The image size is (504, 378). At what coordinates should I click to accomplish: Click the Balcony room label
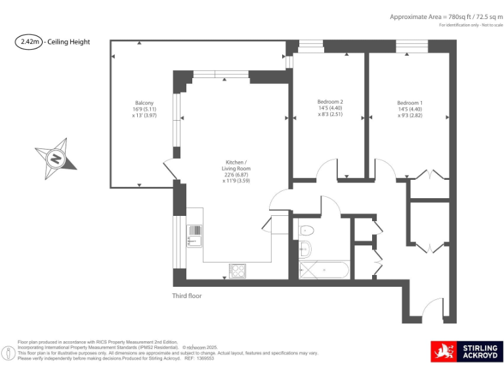pos(144,103)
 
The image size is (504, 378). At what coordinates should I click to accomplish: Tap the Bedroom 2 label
pos(330,102)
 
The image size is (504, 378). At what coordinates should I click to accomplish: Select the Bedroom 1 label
pos(409,102)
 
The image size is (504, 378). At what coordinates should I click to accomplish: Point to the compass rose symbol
pos(56,158)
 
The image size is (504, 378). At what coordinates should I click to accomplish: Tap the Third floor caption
pos(187,296)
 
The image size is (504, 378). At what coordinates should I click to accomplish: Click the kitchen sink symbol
pos(194,236)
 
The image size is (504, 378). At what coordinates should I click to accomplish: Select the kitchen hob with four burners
pos(237,270)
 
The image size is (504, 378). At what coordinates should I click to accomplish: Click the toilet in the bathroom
pos(306,230)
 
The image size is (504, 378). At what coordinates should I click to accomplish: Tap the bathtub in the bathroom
pos(324,270)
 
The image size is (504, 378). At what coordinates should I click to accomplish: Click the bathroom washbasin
pos(304,249)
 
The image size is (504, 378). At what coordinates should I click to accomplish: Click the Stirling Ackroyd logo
pos(467,352)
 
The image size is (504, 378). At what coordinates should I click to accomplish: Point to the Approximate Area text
pos(446,16)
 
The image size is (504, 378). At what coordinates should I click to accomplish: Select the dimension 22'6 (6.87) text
pos(236,175)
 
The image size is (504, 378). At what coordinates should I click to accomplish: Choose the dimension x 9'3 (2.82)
pos(409,115)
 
